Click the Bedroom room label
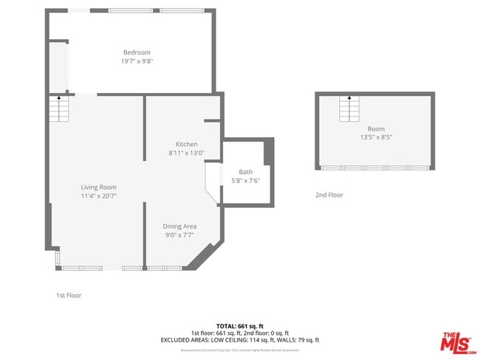click(137, 52)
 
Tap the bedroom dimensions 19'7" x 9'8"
click(137, 61)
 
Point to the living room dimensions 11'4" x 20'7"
click(99, 196)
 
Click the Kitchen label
click(186, 144)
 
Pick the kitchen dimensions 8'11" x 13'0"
click(186, 153)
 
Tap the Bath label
click(245, 172)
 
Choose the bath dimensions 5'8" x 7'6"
click(245, 181)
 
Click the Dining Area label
click(179, 226)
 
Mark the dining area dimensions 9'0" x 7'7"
click(179, 235)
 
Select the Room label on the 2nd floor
click(375, 128)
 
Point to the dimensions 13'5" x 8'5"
click(375, 137)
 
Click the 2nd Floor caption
click(329, 195)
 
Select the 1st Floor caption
click(69, 295)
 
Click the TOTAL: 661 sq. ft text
click(239, 325)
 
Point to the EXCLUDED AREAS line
click(239, 340)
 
